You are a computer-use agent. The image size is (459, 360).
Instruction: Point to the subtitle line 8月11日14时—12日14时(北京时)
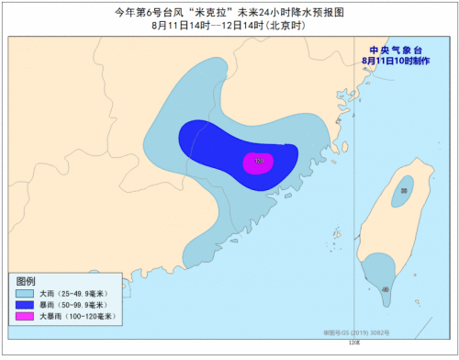(x=229, y=26)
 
